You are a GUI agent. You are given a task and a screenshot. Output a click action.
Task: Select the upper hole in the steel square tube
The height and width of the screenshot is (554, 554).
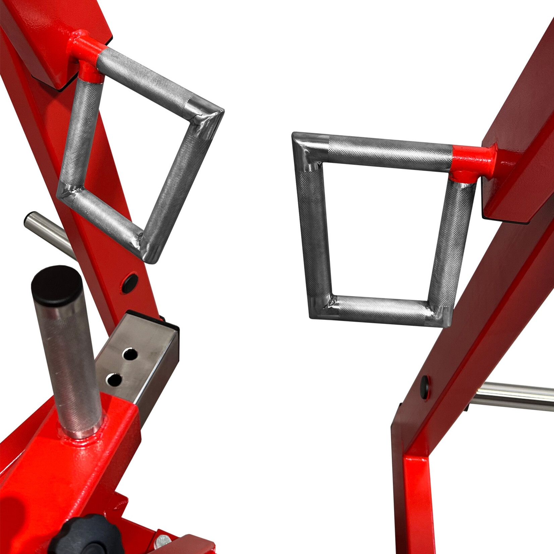click(130, 354)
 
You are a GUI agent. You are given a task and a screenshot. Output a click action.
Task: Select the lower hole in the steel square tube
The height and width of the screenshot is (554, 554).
click(114, 379)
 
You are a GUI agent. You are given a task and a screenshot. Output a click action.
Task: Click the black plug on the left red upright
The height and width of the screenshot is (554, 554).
click(130, 282)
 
